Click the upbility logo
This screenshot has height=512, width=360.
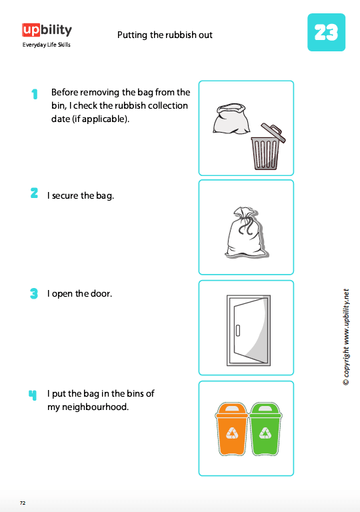(x=47, y=31)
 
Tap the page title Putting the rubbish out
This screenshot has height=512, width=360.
(x=165, y=35)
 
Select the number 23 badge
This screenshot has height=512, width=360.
(x=327, y=32)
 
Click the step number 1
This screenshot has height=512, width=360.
(x=35, y=94)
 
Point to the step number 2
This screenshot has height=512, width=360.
(x=34, y=193)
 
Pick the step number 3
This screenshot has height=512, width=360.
(x=34, y=293)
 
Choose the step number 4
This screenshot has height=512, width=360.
(x=33, y=395)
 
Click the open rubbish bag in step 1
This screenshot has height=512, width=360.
(x=231, y=118)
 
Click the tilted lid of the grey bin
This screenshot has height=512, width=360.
(x=273, y=132)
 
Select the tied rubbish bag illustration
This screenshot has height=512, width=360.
(x=246, y=232)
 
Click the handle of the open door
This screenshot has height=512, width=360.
(x=238, y=331)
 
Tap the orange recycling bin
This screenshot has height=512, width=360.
(x=231, y=429)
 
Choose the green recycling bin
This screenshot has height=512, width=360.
(x=265, y=429)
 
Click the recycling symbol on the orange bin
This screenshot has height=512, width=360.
(x=232, y=433)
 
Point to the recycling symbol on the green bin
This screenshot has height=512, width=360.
(x=265, y=433)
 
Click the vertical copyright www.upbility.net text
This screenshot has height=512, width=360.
(x=346, y=337)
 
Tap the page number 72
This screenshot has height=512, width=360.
(x=23, y=503)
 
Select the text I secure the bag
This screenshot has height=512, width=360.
(x=81, y=195)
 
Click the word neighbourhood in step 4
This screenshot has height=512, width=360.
(x=88, y=407)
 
